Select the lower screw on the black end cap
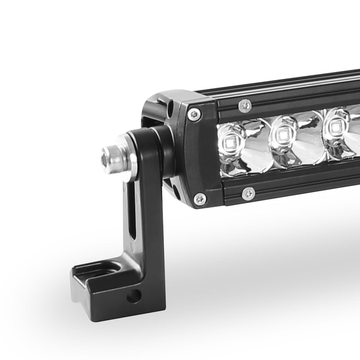coord(198,198)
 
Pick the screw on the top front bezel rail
coord(245,105)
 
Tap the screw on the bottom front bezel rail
coord(248,194)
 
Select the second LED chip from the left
coord(283,134)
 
